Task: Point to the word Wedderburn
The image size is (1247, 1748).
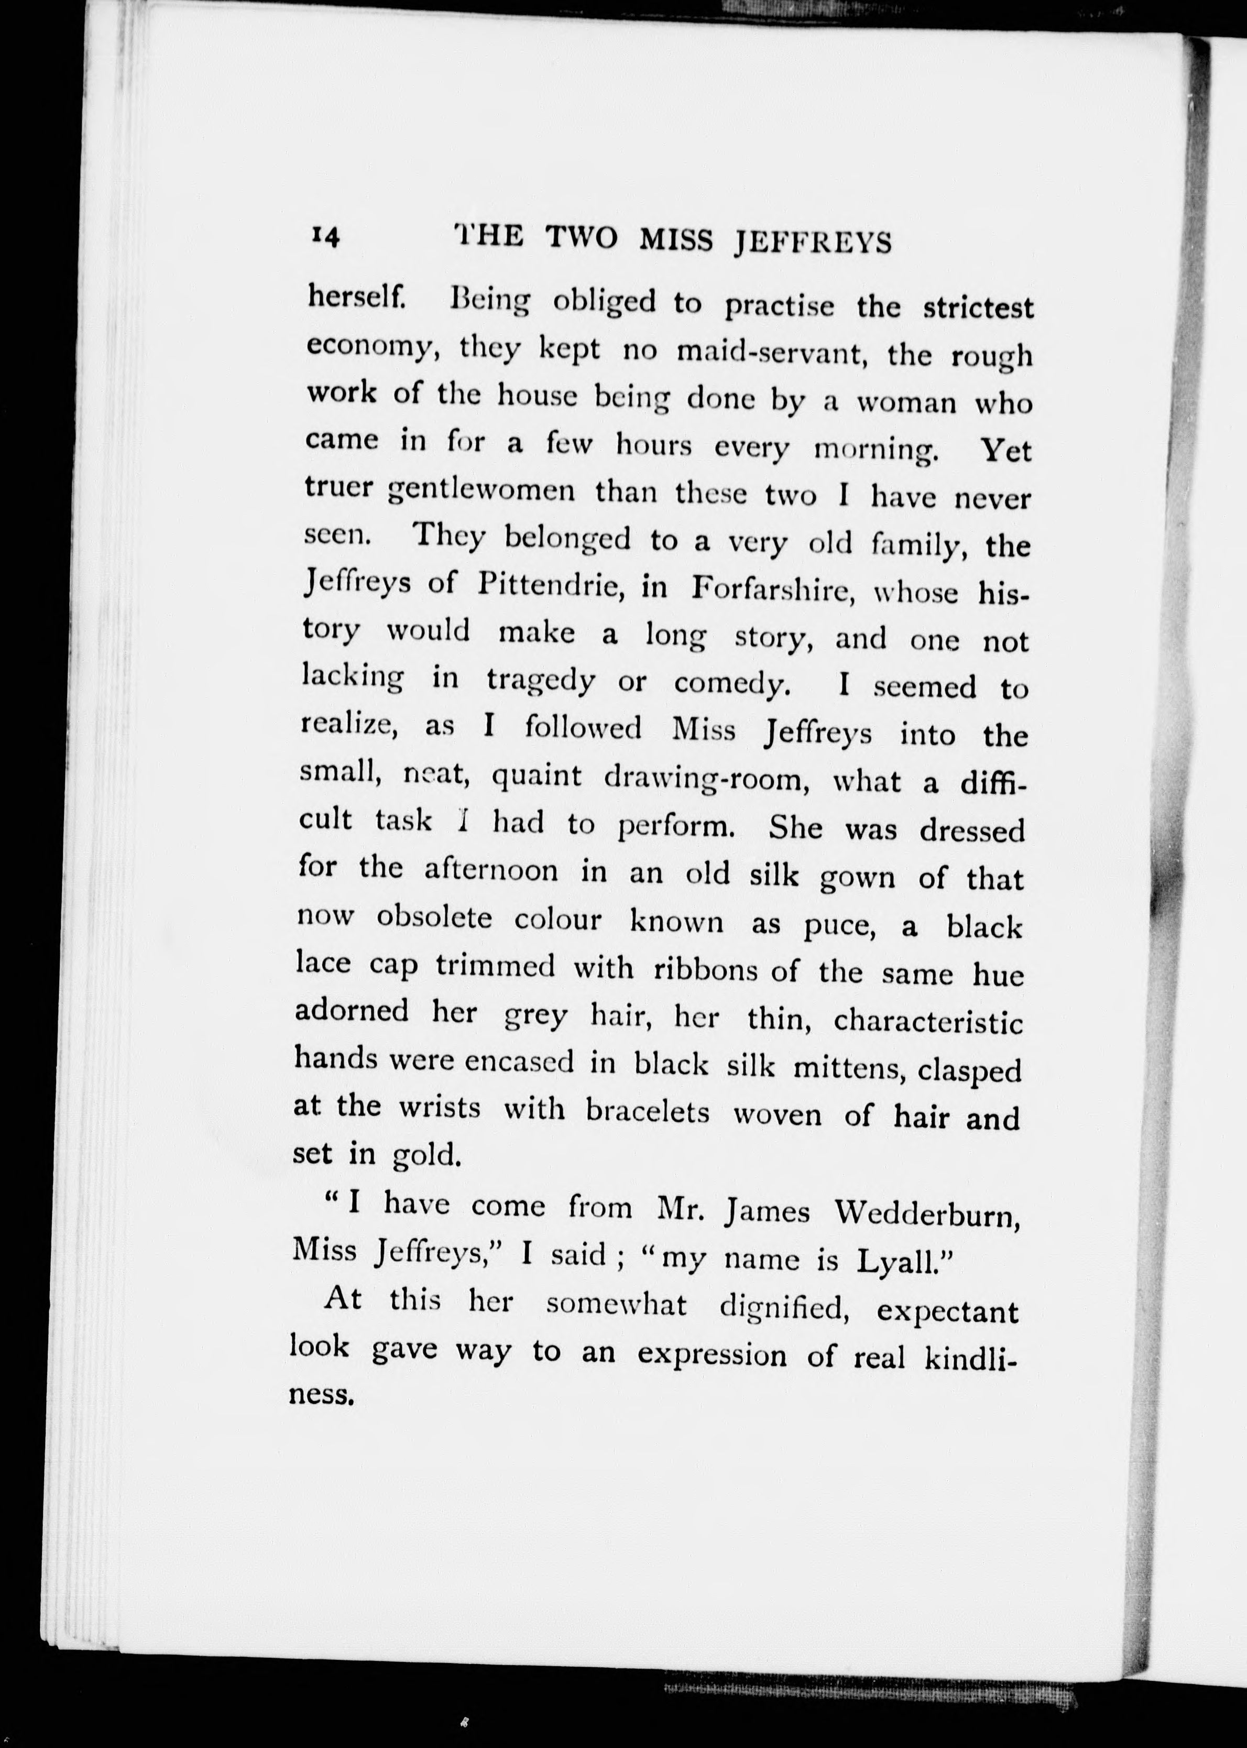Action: tap(927, 1215)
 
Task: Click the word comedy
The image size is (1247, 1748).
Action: tap(732, 683)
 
